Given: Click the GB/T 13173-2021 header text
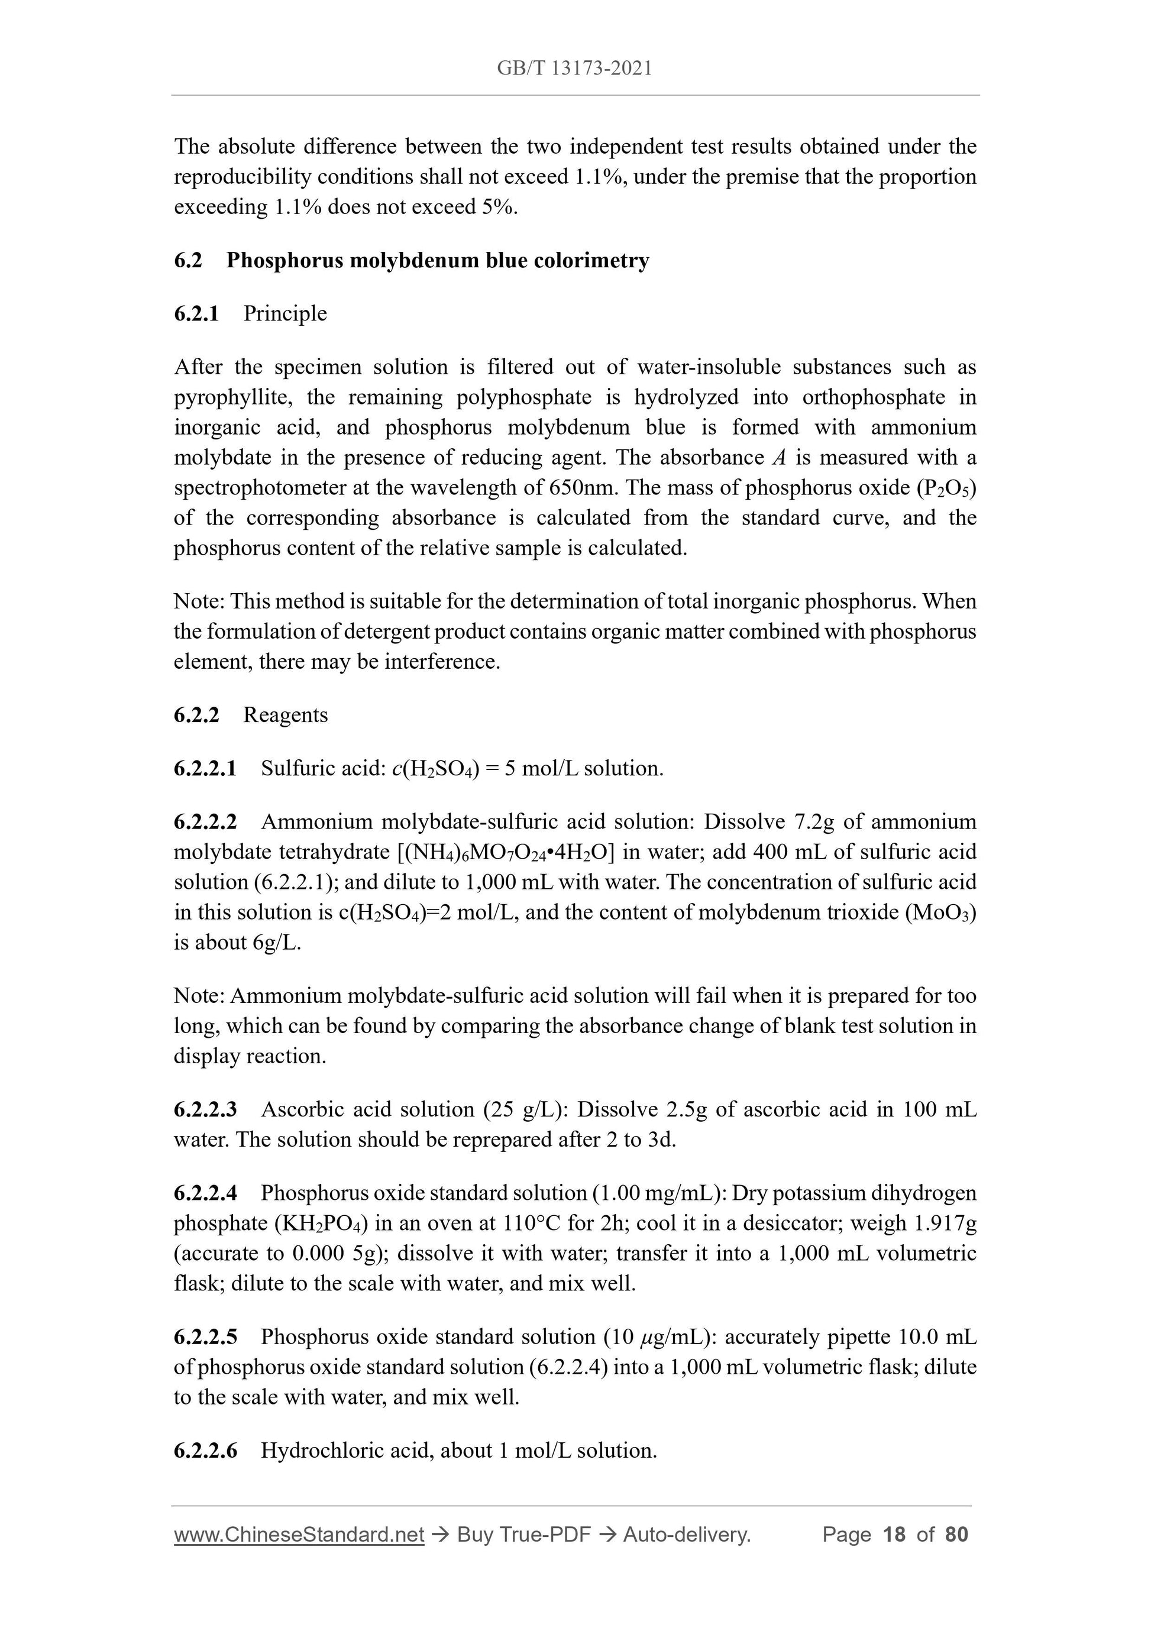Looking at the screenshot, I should coord(574,68).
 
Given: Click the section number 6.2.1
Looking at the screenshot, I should coord(196,313).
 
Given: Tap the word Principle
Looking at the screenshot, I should coord(285,313).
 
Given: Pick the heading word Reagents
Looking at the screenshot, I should coord(286,715).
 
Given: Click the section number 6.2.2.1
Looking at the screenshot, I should coord(205,768).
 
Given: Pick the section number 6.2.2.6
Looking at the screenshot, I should coord(205,1451).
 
